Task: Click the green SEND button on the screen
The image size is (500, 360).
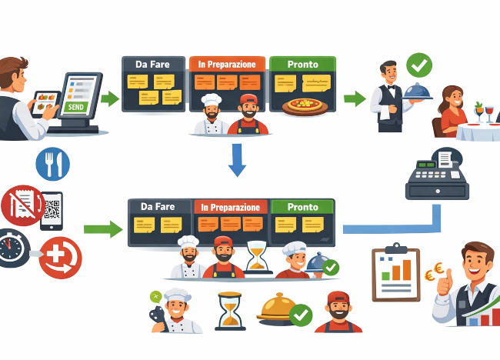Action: [x=76, y=108]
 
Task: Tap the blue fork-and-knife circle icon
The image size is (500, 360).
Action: [x=53, y=164]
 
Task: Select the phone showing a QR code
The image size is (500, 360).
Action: [x=52, y=209]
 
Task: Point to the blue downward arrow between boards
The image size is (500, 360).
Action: [x=238, y=159]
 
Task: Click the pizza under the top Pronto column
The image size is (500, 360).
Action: [x=305, y=107]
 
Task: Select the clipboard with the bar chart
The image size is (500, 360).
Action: [x=395, y=274]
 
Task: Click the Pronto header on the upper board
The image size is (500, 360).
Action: [x=302, y=65]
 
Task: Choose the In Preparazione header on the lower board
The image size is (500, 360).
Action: [x=231, y=207]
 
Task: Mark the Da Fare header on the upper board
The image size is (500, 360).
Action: [x=152, y=65]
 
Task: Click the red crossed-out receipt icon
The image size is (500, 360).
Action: [x=21, y=204]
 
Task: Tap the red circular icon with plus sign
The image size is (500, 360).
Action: [x=60, y=257]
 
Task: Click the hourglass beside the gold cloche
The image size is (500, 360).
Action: [x=228, y=311]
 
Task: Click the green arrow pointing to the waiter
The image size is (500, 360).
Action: [x=354, y=98]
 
